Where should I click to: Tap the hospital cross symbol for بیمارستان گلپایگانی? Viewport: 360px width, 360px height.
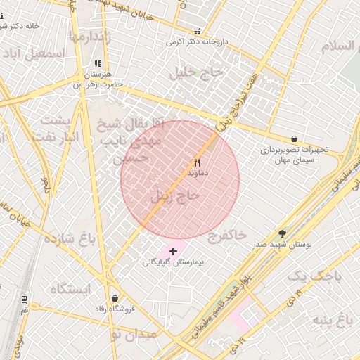174,251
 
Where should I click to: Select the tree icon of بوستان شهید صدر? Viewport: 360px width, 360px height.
283,233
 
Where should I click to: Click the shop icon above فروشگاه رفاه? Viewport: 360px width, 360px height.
115,299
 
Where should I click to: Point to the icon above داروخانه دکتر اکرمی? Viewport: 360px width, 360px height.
197,32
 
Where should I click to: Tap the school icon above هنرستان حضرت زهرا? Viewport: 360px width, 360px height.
98,63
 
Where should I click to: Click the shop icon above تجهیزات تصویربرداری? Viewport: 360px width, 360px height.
294,139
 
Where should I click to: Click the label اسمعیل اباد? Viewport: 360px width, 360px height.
34,53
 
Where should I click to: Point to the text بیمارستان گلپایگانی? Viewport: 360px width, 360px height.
173,262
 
